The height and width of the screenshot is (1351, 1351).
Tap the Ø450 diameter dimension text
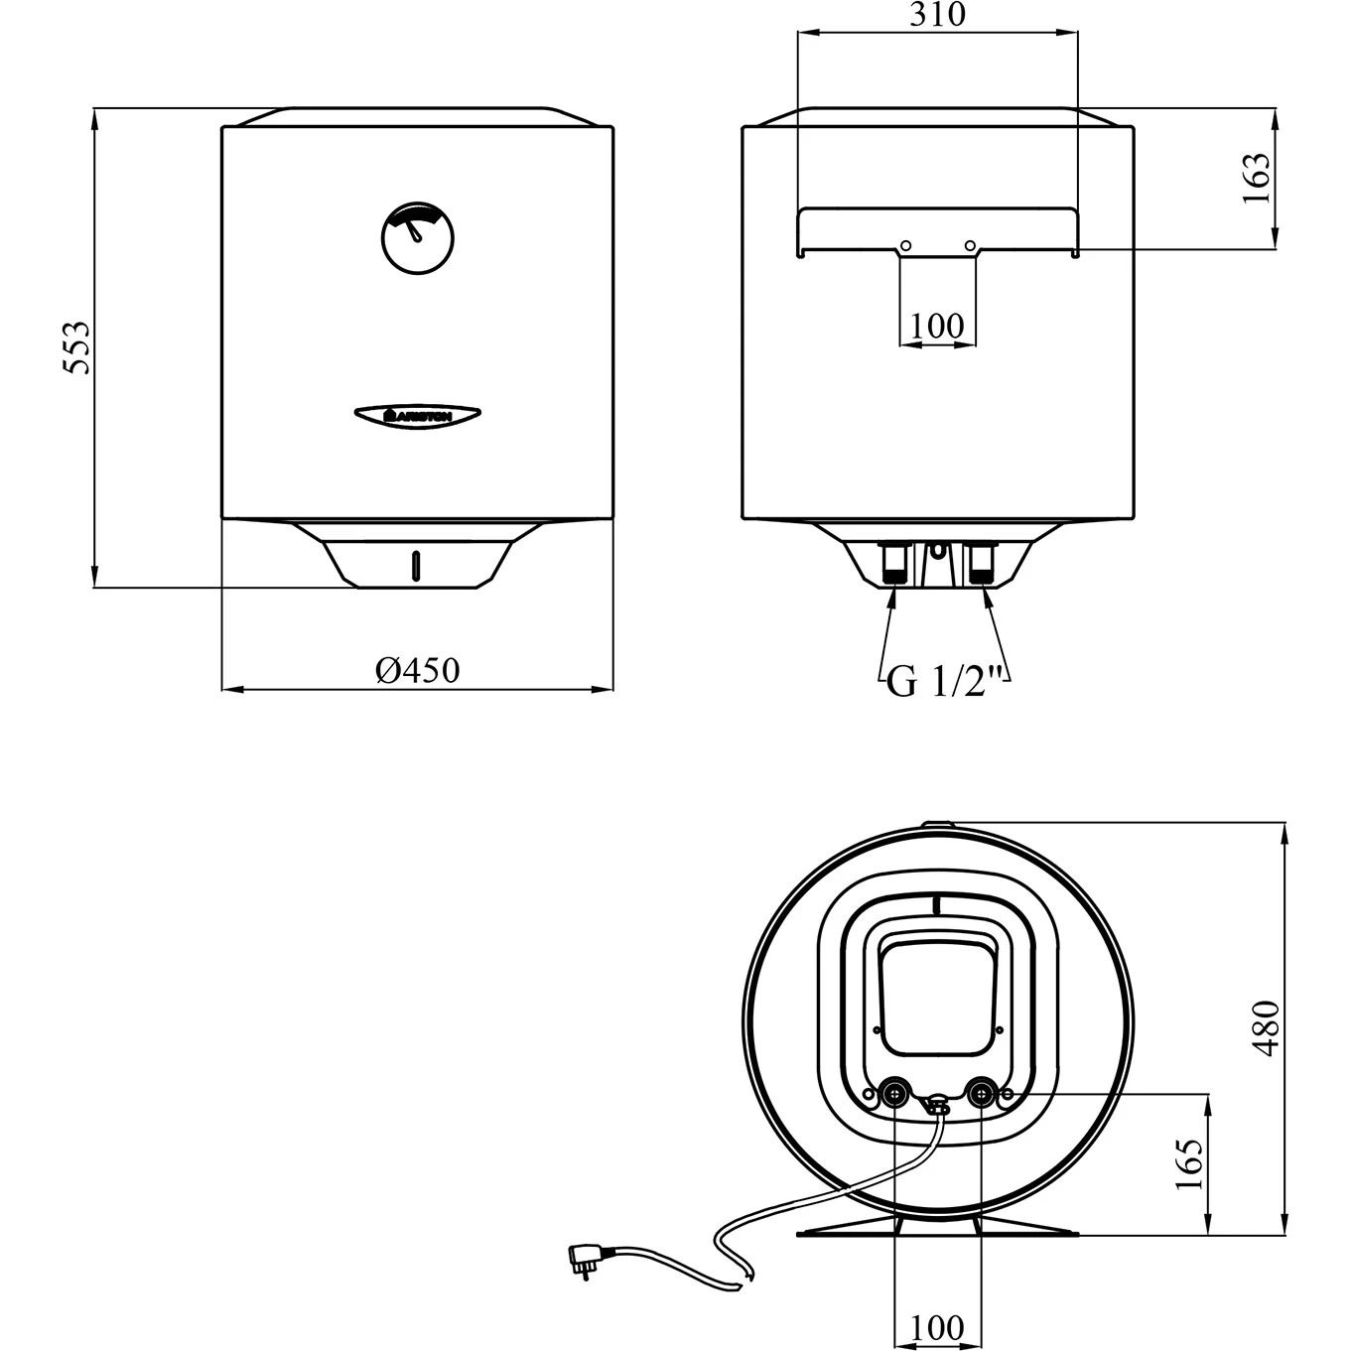[417, 670]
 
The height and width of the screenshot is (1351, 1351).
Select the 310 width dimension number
[937, 15]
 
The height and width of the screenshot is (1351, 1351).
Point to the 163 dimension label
[1257, 178]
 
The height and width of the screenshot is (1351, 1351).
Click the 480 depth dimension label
[1267, 1028]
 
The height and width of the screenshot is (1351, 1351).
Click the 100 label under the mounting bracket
[937, 325]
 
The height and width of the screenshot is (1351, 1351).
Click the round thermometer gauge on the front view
[417, 238]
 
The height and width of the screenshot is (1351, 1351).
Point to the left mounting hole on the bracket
[905, 245]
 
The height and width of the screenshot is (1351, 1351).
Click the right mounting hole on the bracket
[970, 245]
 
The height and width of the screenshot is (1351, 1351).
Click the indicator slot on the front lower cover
[417, 567]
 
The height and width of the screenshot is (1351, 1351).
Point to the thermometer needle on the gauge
[414, 229]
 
